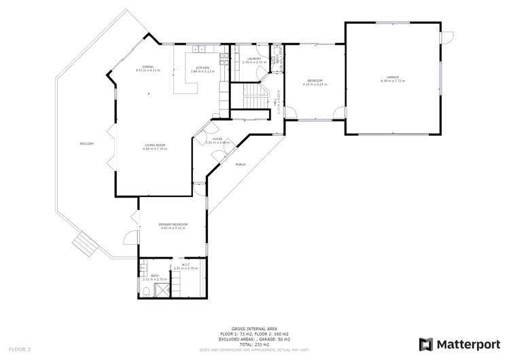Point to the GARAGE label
393,77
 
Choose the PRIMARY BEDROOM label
173,224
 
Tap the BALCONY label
86,143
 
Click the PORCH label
240,165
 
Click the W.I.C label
185,265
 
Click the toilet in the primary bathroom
147,293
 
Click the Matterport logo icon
426,344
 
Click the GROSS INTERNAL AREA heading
254,327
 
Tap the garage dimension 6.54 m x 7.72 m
393,81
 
